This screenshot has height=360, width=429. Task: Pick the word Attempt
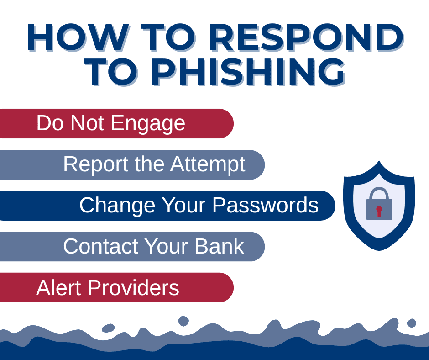(208, 164)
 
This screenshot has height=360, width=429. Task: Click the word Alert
(59, 288)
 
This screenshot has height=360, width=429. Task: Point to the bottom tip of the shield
(379, 249)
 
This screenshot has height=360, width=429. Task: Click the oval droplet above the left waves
(108, 328)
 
